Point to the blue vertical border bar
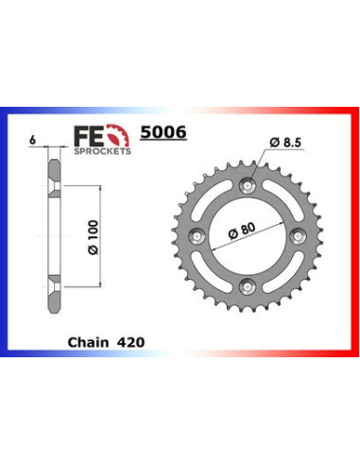(6, 236)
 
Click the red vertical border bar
(353, 236)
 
